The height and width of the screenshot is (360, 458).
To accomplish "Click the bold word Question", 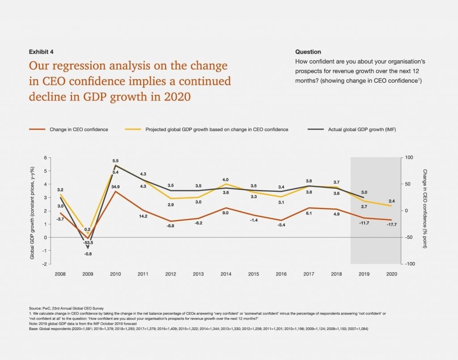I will coord(308,52).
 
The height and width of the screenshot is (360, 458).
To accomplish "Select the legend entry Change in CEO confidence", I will coord(79,130).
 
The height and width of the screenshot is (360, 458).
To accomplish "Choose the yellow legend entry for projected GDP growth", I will coord(216,130).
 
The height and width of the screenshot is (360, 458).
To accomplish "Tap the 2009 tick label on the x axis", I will coord(88,273).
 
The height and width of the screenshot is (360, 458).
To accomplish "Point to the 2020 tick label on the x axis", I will coord(391,273).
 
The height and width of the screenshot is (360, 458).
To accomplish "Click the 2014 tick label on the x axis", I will coord(225,273).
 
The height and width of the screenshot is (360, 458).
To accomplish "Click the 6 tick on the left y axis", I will coord(45,158).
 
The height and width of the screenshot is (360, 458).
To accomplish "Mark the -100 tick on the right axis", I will coord(409,264).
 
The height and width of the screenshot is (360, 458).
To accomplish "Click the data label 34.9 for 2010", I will coord(115,186).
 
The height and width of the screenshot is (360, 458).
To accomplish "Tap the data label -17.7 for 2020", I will coord(391,224).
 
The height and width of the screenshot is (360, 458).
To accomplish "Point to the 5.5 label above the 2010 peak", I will coord(115,161).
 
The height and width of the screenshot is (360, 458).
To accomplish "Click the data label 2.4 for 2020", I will coord(391,201).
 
